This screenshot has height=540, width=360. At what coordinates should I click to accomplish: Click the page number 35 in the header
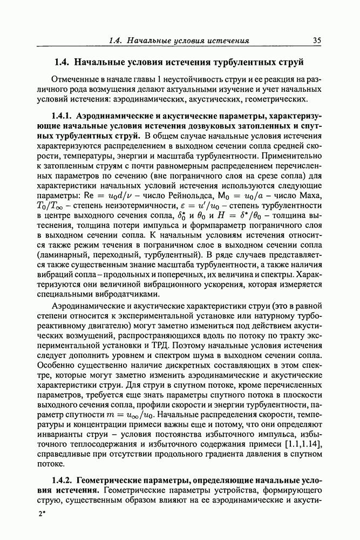(317, 40)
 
